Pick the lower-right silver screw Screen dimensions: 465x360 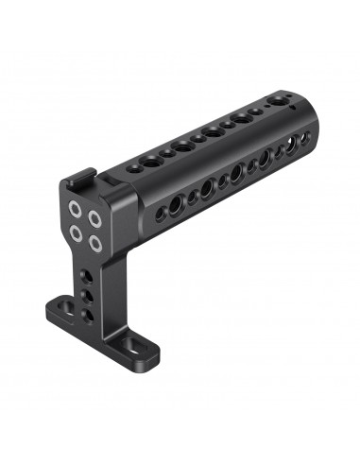point(95,242)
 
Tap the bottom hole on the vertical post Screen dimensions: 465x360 point(88,313)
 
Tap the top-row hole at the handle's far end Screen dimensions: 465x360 point(277,98)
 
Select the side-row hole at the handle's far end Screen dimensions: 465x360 point(300,138)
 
